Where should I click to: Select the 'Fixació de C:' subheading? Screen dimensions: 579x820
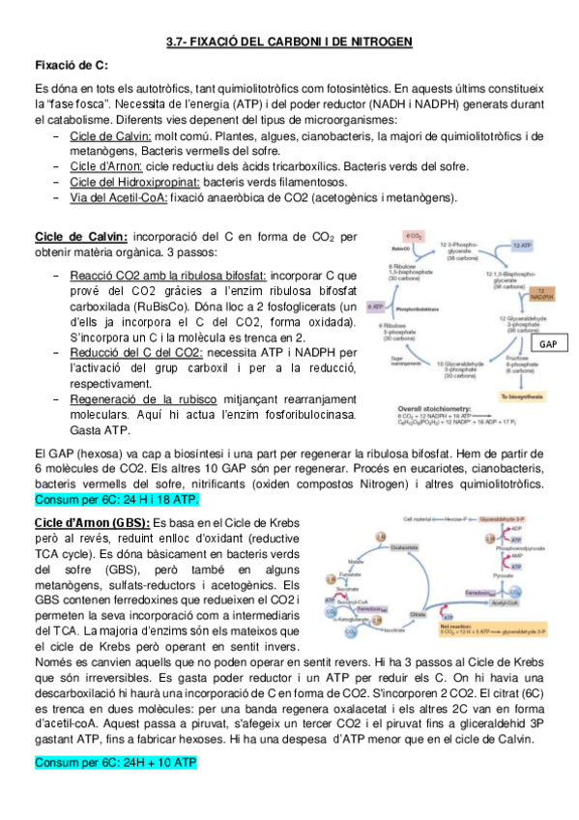click(x=71, y=65)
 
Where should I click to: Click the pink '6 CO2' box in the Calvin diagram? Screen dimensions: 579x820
click(x=416, y=236)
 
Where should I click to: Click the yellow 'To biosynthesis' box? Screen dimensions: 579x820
click(x=522, y=397)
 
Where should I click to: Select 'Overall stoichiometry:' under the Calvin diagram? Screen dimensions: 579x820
click(x=419, y=409)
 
